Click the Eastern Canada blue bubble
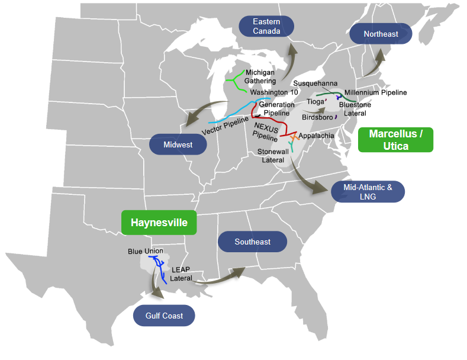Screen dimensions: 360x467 (266, 26)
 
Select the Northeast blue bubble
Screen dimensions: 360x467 (381, 34)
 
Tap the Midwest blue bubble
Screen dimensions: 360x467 (179, 144)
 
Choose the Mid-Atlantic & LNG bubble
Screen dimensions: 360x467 (368, 191)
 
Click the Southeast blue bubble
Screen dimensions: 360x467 (252, 242)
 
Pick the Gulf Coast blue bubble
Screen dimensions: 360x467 (164, 316)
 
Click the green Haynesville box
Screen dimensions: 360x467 (159, 223)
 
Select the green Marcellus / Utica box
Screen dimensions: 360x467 (395, 140)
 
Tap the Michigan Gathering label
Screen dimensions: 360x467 (260, 76)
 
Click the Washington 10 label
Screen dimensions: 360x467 (274, 92)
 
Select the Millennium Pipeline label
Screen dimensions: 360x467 (376, 92)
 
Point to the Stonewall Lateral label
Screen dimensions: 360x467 (273, 156)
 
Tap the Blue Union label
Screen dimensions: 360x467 (145, 251)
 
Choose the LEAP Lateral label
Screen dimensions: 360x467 (181, 274)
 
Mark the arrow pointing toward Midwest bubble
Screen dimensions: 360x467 (198, 114)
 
